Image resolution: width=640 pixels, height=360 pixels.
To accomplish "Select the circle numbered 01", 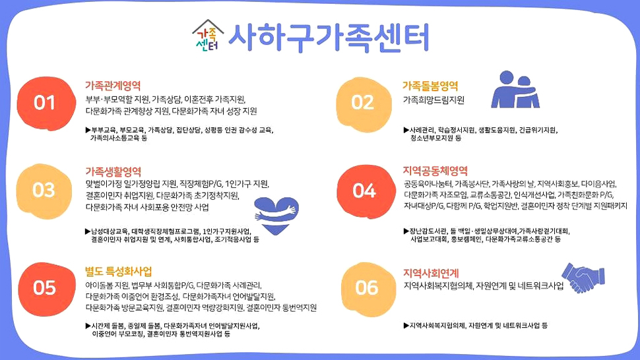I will pyautogui.click(x=44, y=103).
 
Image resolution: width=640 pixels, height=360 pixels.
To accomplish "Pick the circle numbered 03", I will pyautogui.click(x=44, y=190).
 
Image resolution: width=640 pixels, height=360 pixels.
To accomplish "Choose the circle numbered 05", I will pyautogui.click(x=44, y=287).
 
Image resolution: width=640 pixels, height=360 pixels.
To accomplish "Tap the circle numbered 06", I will pyautogui.click(x=366, y=287).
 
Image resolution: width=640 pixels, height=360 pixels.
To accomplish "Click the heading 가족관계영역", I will pyautogui.click(x=113, y=86).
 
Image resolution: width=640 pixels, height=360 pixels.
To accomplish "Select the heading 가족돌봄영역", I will pyautogui.click(x=430, y=86).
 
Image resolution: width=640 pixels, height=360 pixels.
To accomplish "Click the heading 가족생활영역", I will pyautogui.click(x=113, y=171).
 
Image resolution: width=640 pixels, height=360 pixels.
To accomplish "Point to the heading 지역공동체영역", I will pyautogui.click(x=435, y=171).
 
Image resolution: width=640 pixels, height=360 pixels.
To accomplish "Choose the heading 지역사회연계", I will pyautogui.click(x=431, y=272).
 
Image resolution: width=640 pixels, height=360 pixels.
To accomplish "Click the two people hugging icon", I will pyautogui.click(x=516, y=89).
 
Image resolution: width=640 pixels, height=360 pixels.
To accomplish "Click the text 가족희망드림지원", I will pyautogui.click(x=433, y=100).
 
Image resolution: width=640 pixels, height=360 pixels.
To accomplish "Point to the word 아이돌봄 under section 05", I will pyautogui.click(x=99, y=285).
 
